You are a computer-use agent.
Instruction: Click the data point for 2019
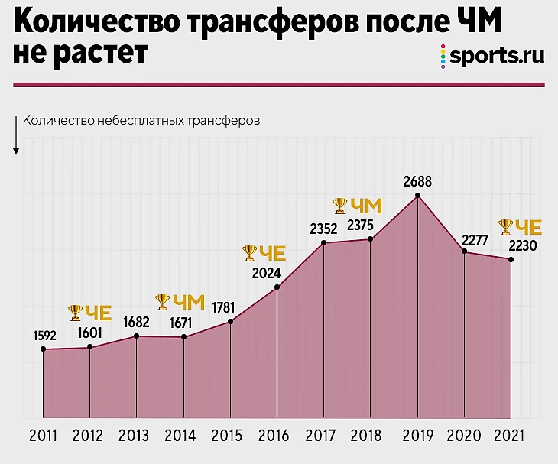tap(417, 196)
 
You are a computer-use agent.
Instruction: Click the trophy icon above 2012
tap(75, 312)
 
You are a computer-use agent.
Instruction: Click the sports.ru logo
tap(492, 57)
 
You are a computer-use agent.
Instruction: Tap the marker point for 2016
tap(277, 287)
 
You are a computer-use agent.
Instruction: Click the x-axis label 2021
tap(510, 436)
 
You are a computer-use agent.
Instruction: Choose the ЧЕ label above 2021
tap(528, 227)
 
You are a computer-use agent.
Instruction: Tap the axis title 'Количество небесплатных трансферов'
tap(142, 121)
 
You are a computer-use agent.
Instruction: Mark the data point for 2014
tap(183, 337)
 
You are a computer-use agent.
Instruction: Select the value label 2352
tap(323, 227)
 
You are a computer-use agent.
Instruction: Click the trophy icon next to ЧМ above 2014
tap(162, 302)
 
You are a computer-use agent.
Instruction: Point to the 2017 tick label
tap(321, 436)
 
